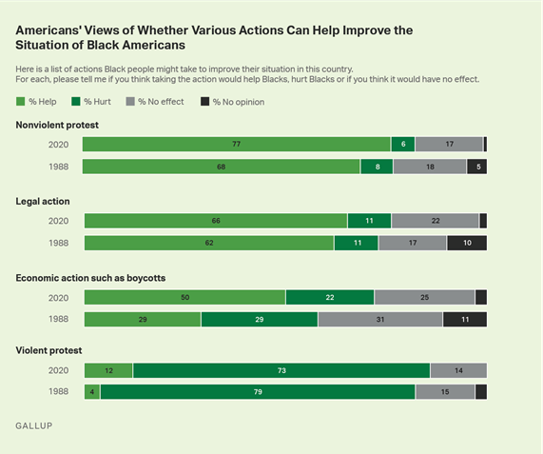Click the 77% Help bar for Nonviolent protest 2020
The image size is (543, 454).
(x=236, y=145)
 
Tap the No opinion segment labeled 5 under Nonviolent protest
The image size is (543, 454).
(x=476, y=167)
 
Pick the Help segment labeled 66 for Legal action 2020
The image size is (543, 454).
(x=216, y=221)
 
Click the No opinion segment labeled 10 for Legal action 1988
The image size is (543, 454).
(x=466, y=243)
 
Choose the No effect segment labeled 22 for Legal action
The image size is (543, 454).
(x=435, y=221)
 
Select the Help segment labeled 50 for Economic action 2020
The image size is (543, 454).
(x=184, y=297)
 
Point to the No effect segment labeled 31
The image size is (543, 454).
(x=379, y=319)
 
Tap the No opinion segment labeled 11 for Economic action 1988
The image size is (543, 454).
(x=464, y=319)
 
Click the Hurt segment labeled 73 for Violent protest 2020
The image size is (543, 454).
(x=281, y=370)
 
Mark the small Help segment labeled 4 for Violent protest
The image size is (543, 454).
(x=92, y=391)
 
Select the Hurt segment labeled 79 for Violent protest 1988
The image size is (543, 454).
(x=257, y=391)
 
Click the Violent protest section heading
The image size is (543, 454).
(x=48, y=349)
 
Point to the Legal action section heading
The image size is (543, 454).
(x=43, y=201)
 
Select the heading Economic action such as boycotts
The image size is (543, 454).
(x=90, y=277)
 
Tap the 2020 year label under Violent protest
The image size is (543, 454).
(x=60, y=370)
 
